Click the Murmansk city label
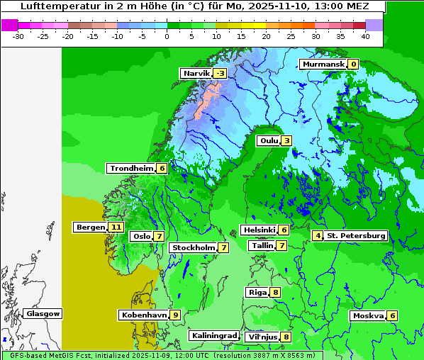(x=323, y=64)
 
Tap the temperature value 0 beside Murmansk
(x=352, y=64)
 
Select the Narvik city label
(x=196, y=73)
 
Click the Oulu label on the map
(x=269, y=140)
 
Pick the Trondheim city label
(x=131, y=168)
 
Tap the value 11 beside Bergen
(x=116, y=227)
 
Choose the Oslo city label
(x=142, y=236)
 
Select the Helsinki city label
(x=259, y=230)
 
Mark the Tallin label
(x=262, y=245)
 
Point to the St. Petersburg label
(x=356, y=235)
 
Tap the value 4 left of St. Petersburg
(x=318, y=235)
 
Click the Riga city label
(x=257, y=292)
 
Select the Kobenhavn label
(x=143, y=315)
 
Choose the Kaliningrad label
(x=213, y=335)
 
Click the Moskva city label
(x=368, y=315)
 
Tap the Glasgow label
(x=43, y=313)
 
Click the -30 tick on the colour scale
(x=18, y=35)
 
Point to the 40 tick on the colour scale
(x=364, y=35)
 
